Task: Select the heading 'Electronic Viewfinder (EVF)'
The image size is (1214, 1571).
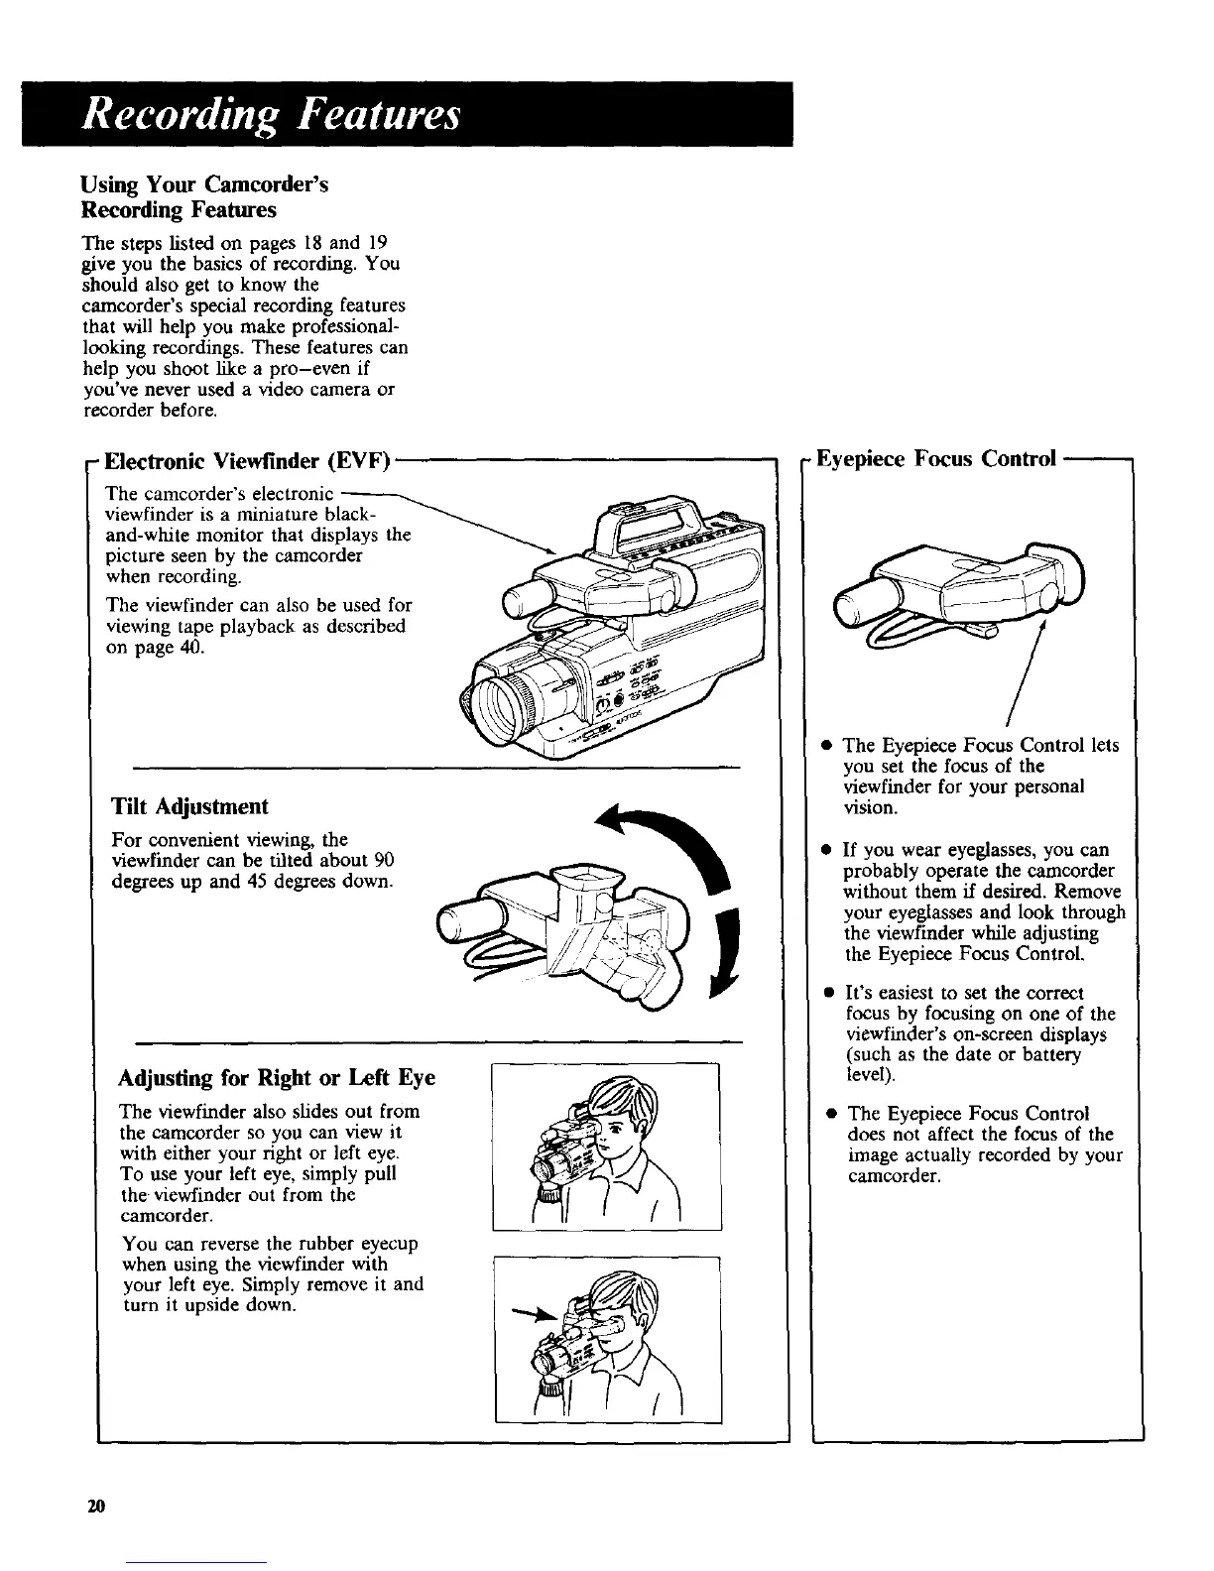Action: (x=249, y=460)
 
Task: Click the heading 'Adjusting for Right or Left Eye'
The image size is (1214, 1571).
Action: (x=277, y=1078)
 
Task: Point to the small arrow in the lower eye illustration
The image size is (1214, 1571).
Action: (x=530, y=1316)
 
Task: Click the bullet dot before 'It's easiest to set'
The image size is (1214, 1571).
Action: (x=825, y=992)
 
